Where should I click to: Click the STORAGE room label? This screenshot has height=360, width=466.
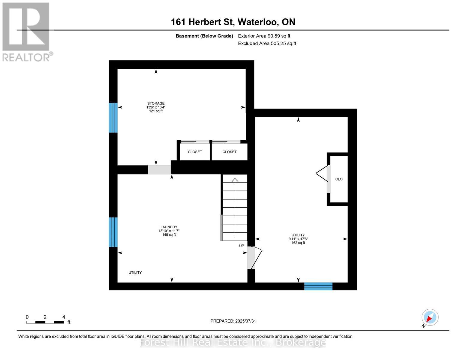pos(156,103)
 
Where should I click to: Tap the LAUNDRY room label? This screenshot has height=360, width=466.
pos(169,227)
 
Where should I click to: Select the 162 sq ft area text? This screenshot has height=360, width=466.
pos(298,243)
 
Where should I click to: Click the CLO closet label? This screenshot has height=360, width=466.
pos(339,179)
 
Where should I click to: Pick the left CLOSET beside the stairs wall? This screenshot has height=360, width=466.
pos(195,152)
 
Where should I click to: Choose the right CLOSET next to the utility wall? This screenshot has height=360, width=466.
pos(230,152)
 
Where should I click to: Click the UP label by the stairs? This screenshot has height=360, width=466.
pos(242,246)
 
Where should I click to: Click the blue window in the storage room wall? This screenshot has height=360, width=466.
pos(113,118)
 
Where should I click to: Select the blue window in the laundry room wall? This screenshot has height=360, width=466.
pos(113,232)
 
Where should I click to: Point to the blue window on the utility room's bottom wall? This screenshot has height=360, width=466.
pos(318,286)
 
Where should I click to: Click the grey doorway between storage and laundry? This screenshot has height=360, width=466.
pos(159,169)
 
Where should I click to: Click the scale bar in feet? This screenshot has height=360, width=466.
pos(45,322)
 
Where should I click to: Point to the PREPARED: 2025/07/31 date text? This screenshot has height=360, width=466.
pos(233,321)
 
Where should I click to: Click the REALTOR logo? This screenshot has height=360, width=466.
pos(26,32)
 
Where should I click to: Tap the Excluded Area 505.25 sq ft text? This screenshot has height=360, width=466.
pos(267,43)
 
